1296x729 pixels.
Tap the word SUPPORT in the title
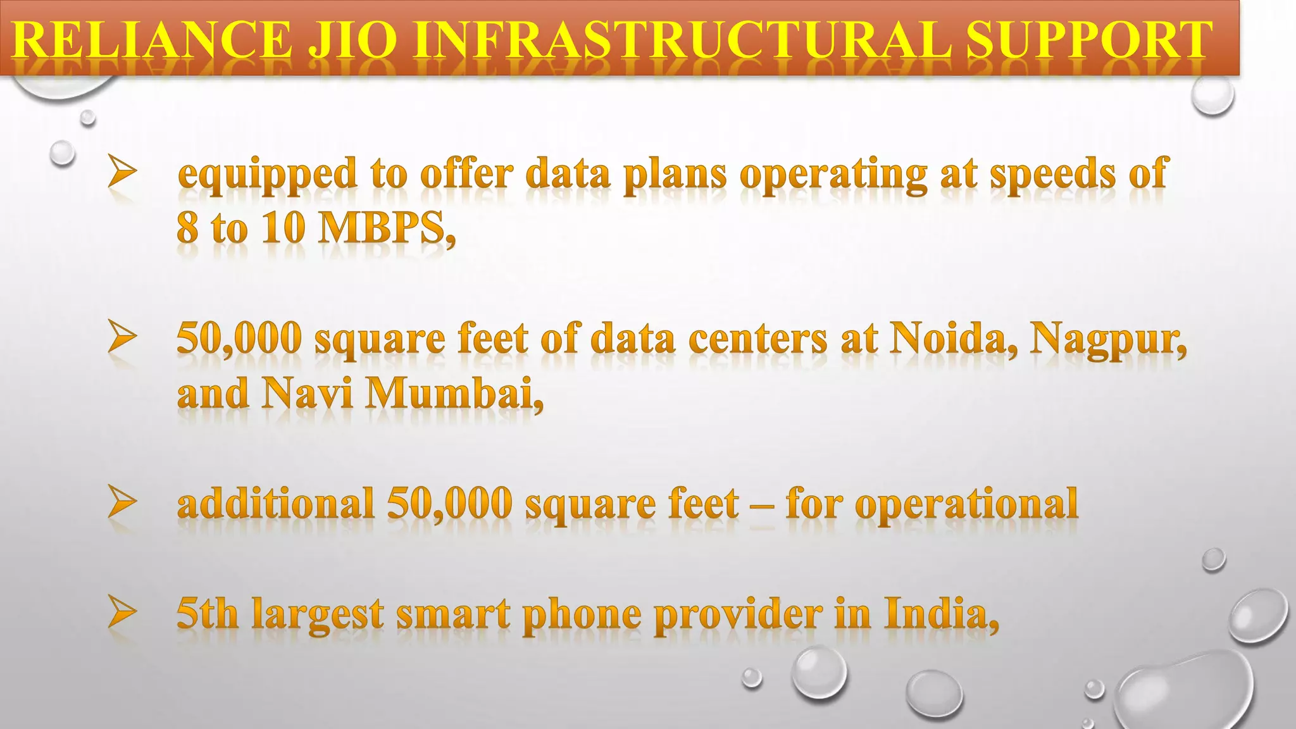(1089, 39)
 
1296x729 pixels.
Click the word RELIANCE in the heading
(152, 39)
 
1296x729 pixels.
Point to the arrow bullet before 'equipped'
(122, 171)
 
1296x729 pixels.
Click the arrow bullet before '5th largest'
(122, 611)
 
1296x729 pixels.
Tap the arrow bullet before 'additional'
(122, 501)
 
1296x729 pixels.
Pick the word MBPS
(385, 227)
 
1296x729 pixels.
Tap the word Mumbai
(454, 393)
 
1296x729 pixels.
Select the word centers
(757, 339)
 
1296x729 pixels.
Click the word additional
(275, 504)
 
